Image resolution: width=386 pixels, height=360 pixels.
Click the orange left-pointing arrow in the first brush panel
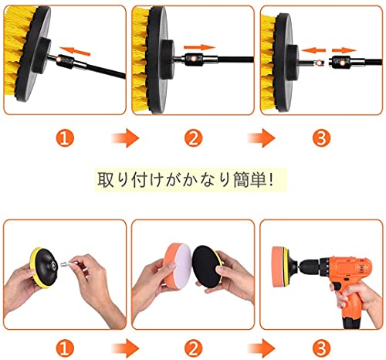[x=75, y=51]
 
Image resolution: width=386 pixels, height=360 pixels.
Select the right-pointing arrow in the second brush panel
[x=199, y=47]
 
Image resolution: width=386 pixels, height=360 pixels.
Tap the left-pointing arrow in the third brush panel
[x=313, y=50]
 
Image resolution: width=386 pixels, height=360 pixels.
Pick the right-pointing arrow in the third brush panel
[x=344, y=50]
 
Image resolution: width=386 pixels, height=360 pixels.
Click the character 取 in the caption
[x=106, y=179]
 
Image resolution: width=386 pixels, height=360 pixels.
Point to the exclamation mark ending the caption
[x=270, y=179]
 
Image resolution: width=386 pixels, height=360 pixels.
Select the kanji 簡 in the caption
[x=242, y=179]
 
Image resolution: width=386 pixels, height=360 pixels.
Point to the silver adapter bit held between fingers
[x=67, y=263]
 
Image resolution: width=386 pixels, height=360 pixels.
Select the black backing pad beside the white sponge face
[x=206, y=267]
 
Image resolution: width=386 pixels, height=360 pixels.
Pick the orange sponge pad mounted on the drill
[x=278, y=267]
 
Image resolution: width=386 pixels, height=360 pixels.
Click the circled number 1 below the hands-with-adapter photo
[x=65, y=348]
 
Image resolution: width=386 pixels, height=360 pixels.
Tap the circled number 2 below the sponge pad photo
[x=193, y=348]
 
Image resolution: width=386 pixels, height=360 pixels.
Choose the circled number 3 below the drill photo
[x=321, y=348]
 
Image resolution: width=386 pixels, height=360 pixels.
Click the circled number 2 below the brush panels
[x=193, y=138]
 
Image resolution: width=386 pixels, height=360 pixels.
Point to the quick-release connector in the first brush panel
[x=67, y=61]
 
